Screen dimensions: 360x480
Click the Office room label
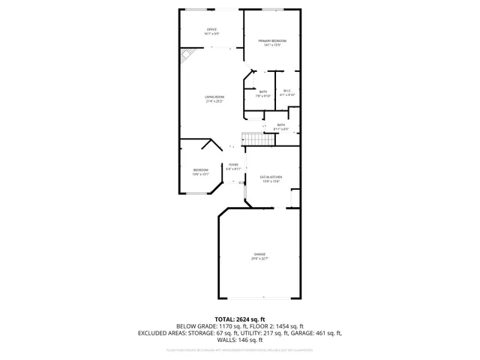click(211, 32)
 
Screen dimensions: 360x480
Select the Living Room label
click(215, 98)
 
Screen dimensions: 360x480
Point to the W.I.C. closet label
click(287, 92)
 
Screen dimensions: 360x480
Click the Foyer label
click(234, 166)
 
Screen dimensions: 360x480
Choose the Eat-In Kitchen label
click(270, 178)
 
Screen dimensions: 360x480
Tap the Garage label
click(259, 256)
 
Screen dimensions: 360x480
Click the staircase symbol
click(253, 139)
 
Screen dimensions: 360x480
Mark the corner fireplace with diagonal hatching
click(185, 57)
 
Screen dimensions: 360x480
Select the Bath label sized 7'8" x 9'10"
click(263, 94)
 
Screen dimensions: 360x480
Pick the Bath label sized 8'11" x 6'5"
click(281, 126)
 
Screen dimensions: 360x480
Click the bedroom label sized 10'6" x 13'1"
click(200, 172)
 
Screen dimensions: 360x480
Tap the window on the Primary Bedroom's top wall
click(272, 10)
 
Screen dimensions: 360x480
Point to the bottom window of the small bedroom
click(198, 194)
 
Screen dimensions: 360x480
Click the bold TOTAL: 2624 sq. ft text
click(239, 319)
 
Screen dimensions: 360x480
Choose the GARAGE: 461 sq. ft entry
click(316, 333)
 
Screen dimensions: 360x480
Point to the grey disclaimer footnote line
click(239, 349)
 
